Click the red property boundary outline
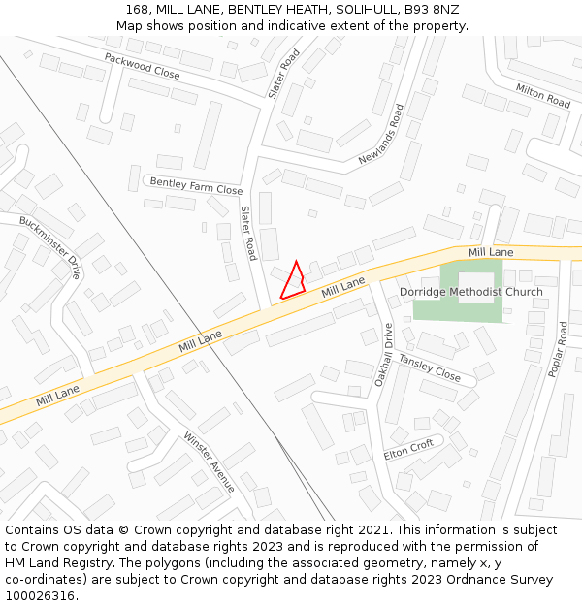293,281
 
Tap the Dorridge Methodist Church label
471,292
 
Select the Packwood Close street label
143,66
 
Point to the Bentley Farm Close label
196,185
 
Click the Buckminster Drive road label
49,247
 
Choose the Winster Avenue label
209,462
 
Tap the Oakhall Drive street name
383,354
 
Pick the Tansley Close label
430,367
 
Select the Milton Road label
543,95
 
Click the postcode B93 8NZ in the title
433,10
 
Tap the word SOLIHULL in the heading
365,10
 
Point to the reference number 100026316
40,595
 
